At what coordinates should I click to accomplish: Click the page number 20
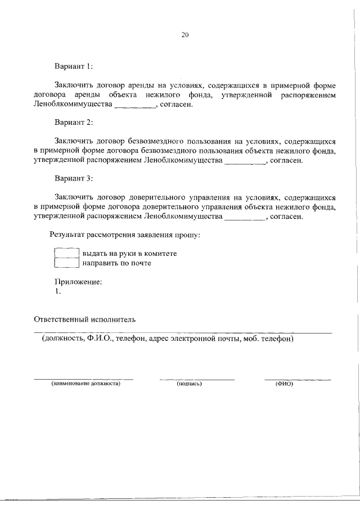[x=185, y=35]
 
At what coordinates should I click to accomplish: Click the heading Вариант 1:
[x=73, y=66]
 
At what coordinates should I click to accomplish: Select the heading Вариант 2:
[x=74, y=122]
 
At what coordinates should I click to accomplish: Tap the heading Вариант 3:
[x=74, y=178]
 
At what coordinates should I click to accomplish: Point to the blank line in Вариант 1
[x=134, y=106]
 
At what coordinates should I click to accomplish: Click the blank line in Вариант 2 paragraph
[x=244, y=162]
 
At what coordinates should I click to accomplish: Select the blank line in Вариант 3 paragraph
[x=243, y=218]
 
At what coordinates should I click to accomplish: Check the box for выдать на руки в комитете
[x=66, y=253]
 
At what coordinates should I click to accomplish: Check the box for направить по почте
[x=66, y=263]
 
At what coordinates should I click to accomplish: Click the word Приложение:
[x=78, y=282]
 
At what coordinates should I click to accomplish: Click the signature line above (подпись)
[x=196, y=379]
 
